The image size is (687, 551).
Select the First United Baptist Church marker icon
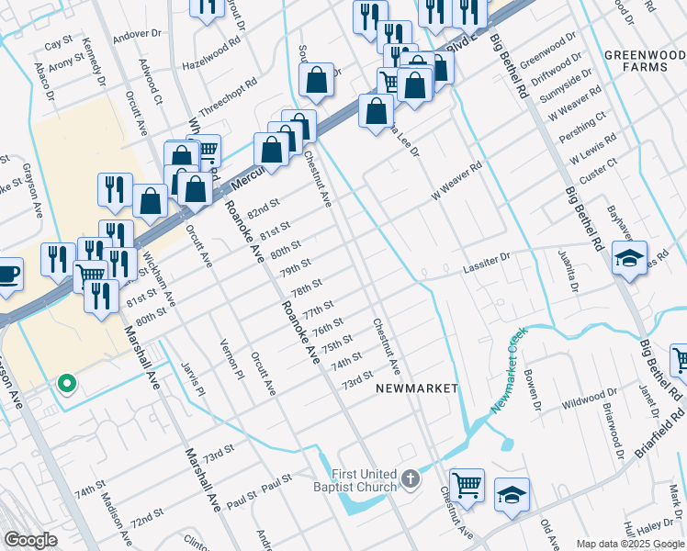(x=411, y=479)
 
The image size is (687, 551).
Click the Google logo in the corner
(x=31, y=540)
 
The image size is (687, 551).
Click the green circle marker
(x=65, y=384)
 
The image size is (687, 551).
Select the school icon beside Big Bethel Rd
(x=629, y=258)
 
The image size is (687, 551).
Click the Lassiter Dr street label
(x=490, y=262)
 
